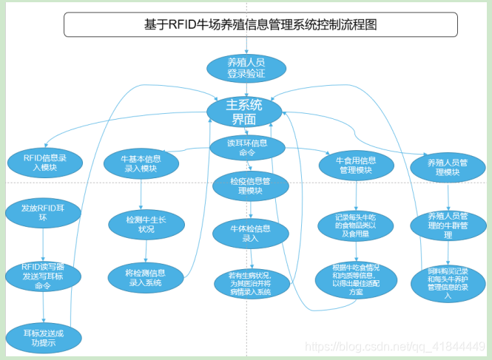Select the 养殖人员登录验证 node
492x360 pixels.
pyautogui.click(x=246, y=69)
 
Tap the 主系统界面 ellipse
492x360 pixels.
pyautogui.click(x=244, y=112)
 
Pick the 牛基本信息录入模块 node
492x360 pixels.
pyautogui.click(x=141, y=163)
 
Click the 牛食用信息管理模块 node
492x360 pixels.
pyautogui.click(x=356, y=165)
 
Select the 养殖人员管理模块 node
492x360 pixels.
pyautogui.click(x=448, y=167)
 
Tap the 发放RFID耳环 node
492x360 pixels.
pyautogui.click(x=42, y=213)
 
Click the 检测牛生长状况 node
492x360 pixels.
pyautogui.click(x=141, y=223)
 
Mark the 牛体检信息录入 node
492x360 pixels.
pyautogui.click(x=250, y=234)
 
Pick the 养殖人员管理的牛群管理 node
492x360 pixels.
pyautogui.click(x=448, y=225)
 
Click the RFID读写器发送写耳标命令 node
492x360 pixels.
pyautogui.click(x=43, y=276)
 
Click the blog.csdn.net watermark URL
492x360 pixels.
pyautogui.click(x=395, y=346)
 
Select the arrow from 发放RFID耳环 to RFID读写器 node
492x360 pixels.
pyautogui.click(x=43, y=244)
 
